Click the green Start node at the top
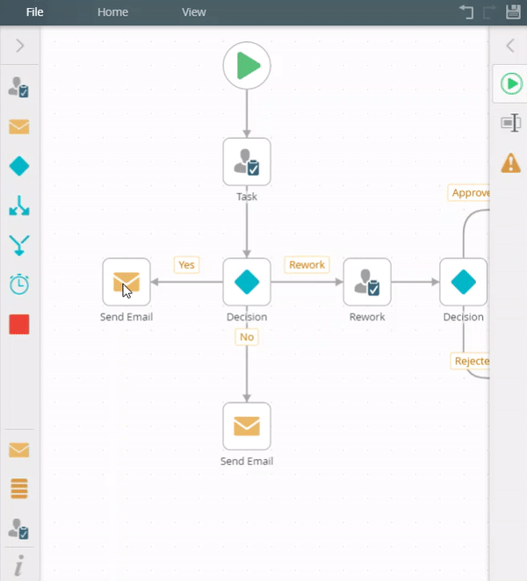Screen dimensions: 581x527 pyautogui.click(x=247, y=66)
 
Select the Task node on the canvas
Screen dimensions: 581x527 pyautogui.click(x=247, y=161)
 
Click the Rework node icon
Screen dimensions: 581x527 pyautogui.click(x=367, y=282)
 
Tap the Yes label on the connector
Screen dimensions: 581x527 pyautogui.click(x=186, y=265)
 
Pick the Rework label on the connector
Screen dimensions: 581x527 pyautogui.click(x=307, y=265)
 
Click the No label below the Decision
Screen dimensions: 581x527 pyautogui.click(x=247, y=336)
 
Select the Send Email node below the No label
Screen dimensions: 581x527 pyautogui.click(x=247, y=427)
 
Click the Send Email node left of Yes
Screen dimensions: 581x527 pyautogui.click(x=126, y=282)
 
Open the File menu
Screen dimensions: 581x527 pyautogui.click(x=35, y=12)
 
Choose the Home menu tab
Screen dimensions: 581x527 pyautogui.click(x=112, y=12)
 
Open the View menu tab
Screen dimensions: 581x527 pyautogui.click(x=193, y=12)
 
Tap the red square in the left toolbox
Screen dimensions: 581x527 pyautogui.click(x=18, y=325)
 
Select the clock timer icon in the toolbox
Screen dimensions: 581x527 pyautogui.click(x=18, y=284)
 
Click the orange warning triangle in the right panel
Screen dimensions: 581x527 pyautogui.click(x=510, y=163)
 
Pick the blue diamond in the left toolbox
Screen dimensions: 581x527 pyautogui.click(x=18, y=166)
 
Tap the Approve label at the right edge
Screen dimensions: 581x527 pyautogui.click(x=470, y=193)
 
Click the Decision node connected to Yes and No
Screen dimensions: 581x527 pyautogui.click(x=247, y=282)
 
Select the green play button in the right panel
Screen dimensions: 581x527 pyautogui.click(x=510, y=83)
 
